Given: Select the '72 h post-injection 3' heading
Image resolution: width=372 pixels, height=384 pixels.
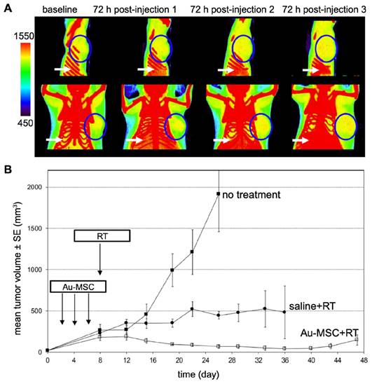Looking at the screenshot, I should pos(325,12).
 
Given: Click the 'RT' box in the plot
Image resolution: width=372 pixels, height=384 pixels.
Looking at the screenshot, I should pos(102,237).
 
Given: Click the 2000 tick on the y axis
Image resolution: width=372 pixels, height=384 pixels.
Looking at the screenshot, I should pos(33,187).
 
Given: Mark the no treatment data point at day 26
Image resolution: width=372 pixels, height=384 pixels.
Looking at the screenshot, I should pos(218,193).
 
